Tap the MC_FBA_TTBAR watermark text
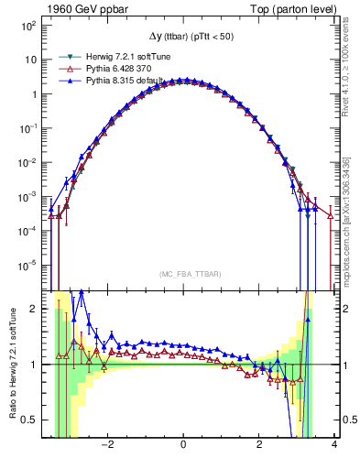pyautogui.click(x=183, y=273)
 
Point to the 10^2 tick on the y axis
pyautogui.click(x=29, y=26)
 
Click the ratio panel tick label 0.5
pyautogui.click(x=27, y=420)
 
